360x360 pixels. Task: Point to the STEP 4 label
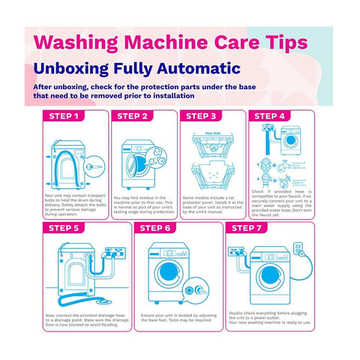pos(271,116)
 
